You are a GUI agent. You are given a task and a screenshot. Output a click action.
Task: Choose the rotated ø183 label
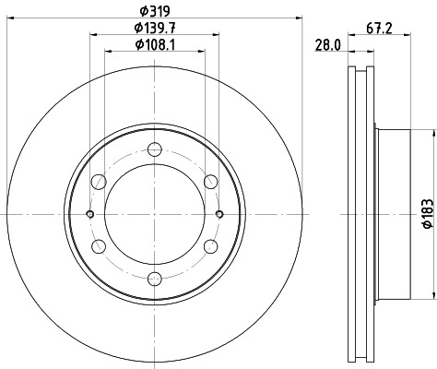427,212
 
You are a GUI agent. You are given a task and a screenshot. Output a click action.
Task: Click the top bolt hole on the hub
154,149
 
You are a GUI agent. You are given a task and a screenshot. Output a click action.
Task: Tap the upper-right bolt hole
210,181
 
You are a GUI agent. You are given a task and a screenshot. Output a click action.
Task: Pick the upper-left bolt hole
98,181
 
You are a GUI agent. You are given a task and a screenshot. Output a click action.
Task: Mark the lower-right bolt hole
210,246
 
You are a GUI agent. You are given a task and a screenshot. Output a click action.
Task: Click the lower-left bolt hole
98,246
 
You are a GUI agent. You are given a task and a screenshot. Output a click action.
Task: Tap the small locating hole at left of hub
89,214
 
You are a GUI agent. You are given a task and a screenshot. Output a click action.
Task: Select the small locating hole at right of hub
218,214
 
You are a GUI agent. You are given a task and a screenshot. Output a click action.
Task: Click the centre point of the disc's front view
154,214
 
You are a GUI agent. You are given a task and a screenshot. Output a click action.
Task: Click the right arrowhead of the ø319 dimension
300,19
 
